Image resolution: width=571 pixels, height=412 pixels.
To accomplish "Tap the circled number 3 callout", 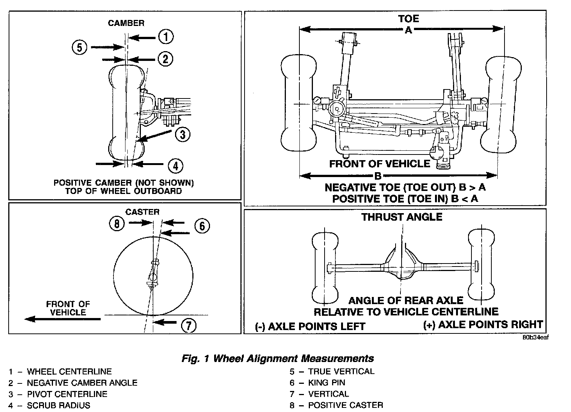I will point(182,134).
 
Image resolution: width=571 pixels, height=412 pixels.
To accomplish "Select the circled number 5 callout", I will point(79,47).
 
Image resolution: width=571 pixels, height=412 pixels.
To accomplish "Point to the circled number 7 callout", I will point(189,326).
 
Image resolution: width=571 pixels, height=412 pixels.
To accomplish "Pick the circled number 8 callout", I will point(117,224).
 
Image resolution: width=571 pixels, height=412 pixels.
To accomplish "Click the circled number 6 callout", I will point(202,226).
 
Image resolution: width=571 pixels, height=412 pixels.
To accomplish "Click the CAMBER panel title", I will point(126,23).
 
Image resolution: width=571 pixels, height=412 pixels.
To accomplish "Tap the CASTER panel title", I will point(142,212).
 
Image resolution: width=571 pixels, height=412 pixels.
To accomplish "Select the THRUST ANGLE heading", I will point(402,217).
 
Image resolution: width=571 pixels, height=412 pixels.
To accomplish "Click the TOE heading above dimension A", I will point(408,19).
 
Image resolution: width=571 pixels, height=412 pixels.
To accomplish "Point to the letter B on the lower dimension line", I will point(378,176).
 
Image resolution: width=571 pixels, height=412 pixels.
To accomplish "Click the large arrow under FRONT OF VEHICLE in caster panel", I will point(62,319).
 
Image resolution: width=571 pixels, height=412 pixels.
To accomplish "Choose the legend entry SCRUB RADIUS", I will point(58,405).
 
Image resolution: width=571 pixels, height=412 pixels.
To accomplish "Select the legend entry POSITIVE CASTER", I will point(345,405).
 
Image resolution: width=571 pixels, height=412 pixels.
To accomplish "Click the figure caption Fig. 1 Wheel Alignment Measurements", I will point(278,358).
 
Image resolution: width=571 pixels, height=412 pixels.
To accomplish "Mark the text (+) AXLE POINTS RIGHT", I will point(483,324).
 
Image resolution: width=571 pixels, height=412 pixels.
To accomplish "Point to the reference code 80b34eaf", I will point(535,337).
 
